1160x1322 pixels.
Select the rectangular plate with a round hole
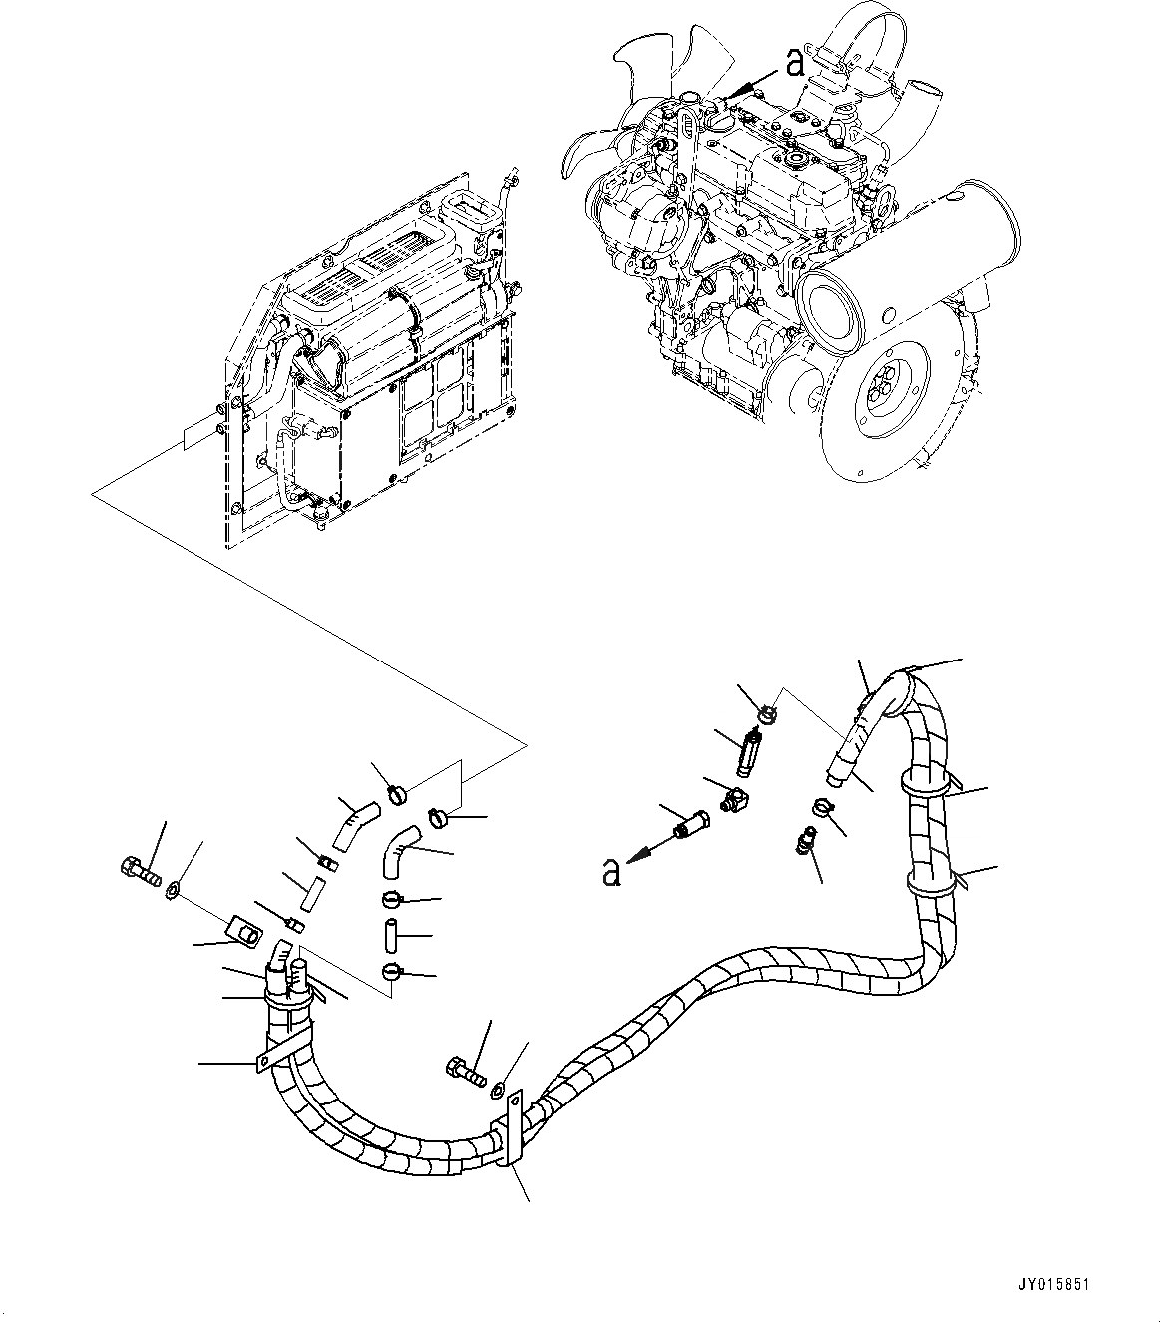tap(242, 933)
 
